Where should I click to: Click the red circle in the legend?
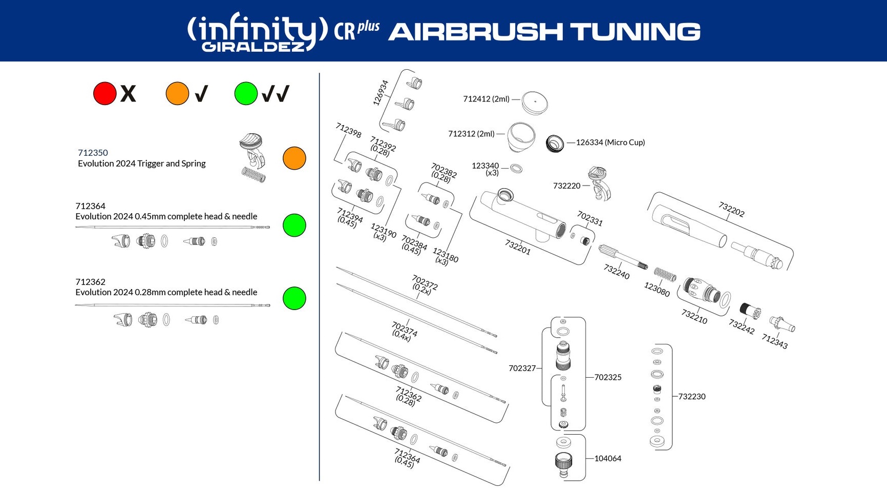tap(104, 94)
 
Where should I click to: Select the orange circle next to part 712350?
tap(294, 158)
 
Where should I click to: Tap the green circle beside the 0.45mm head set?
tap(294, 225)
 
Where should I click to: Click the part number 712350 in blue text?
tap(93, 153)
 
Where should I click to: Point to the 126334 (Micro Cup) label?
tap(610, 142)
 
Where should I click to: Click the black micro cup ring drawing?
tap(555, 143)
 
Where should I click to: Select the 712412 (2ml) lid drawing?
tap(535, 102)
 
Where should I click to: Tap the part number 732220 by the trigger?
tap(566, 186)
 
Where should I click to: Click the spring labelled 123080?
tap(665, 276)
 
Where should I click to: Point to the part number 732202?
tap(731, 209)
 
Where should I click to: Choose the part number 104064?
tap(607, 459)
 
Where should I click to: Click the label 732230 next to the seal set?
tap(691, 397)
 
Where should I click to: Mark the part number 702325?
tap(607, 377)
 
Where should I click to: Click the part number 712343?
tap(774, 341)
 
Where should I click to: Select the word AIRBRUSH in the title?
tap(475, 32)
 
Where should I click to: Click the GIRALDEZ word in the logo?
tap(253, 47)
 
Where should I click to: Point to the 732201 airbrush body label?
tap(518, 247)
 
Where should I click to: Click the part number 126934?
tap(381, 93)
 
